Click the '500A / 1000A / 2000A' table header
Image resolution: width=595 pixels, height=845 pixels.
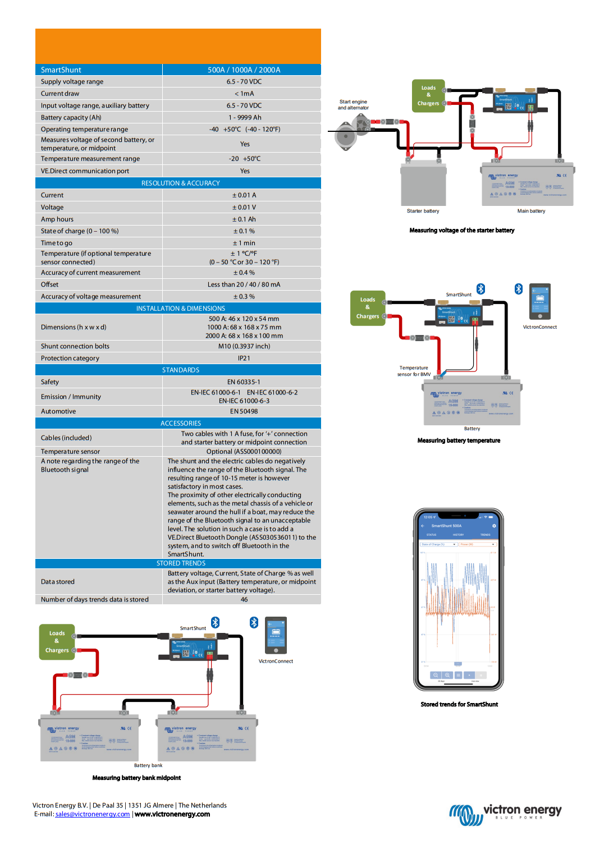click(x=244, y=70)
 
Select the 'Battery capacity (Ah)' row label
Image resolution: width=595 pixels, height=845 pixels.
click(x=71, y=118)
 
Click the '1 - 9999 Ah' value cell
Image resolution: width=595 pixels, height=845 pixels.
click(x=245, y=118)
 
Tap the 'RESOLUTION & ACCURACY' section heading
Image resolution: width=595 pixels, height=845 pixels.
click(x=180, y=183)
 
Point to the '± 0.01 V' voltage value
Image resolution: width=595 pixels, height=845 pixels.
click(x=244, y=208)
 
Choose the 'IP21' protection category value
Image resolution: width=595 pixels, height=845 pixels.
click(x=244, y=359)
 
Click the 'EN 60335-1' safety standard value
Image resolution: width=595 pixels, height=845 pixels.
click(x=244, y=382)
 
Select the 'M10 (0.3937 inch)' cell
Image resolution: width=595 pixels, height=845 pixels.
click(x=244, y=347)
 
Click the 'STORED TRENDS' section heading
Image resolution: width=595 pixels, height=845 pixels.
click(x=181, y=563)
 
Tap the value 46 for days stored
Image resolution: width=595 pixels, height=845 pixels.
click(x=244, y=600)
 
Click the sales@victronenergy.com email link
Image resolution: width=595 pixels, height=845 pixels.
click(x=93, y=814)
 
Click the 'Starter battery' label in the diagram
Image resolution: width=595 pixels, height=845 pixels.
click(x=423, y=211)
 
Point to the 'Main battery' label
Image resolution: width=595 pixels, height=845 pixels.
click(x=531, y=211)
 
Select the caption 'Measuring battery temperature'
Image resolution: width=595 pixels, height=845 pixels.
click(x=459, y=441)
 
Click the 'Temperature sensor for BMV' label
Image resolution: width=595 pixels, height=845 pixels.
click(x=414, y=371)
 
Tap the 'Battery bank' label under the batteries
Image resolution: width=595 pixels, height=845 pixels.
click(x=148, y=765)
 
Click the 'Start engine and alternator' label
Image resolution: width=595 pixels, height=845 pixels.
click(x=353, y=105)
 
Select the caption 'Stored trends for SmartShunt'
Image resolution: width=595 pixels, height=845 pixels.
click(x=459, y=705)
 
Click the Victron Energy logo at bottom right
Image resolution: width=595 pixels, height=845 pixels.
click(x=505, y=814)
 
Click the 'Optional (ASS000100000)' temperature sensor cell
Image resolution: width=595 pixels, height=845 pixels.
click(x=244, y=452)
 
